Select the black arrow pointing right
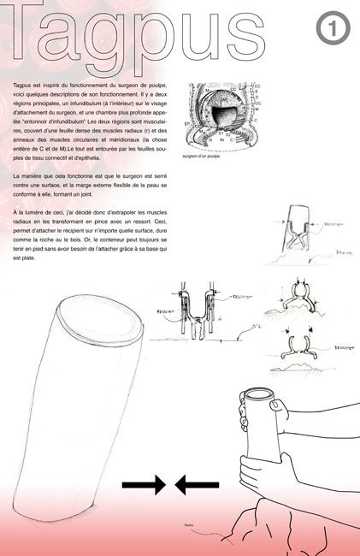[144, 485]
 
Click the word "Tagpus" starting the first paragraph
[26, 88]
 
